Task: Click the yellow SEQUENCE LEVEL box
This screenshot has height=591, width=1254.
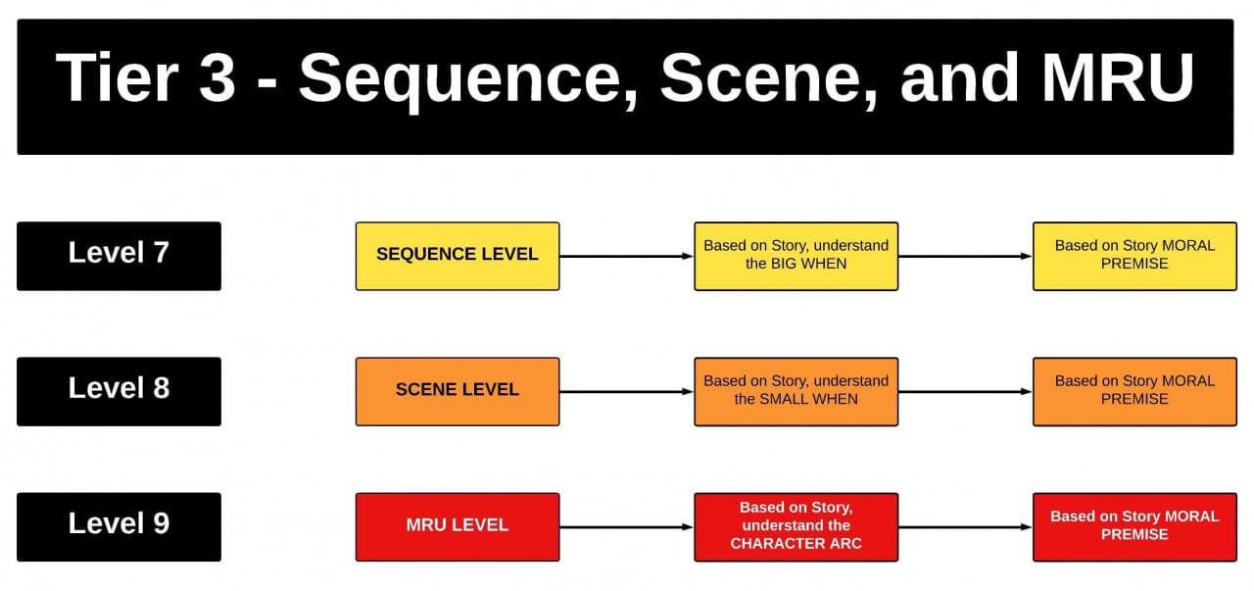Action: pyautogui.click(x=458, y=256)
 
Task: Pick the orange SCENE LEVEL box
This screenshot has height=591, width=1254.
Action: pyautogui.click(x=458, y=391)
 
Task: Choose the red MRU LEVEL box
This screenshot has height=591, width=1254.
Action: pyautogui.click(x=458, y=526)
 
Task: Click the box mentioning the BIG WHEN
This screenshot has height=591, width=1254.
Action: pyautogui.click(x=796, y=256)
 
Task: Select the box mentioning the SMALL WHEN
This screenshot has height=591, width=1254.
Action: pyautogui.click(x=796, y=391)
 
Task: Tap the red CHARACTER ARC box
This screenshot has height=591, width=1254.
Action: pyautogui.click(x=796, y=526)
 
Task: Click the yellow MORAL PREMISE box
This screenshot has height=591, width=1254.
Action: pyautogui.click(x=1134, y=256)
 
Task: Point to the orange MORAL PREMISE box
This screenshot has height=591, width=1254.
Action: pyautogui.click(x=1134, y=391)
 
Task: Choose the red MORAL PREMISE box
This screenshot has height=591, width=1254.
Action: pyautogui.click(x=1134, y=526)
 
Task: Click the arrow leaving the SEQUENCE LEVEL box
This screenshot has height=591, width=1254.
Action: pyautogui.click(x=627, y=257)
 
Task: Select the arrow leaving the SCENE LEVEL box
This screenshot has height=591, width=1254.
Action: pyautogui.click(x=627, y=392)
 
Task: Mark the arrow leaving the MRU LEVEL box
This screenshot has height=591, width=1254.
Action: pyautogui.click(x=627, y=527)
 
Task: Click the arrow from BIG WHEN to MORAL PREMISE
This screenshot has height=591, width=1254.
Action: pyautogui.click(x=965, y=257)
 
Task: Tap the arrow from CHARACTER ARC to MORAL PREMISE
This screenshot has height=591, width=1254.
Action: pyautogui.click(x=965, y=527)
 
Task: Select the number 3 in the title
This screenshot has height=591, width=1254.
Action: pyautogui.click(x=217, y=78)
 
